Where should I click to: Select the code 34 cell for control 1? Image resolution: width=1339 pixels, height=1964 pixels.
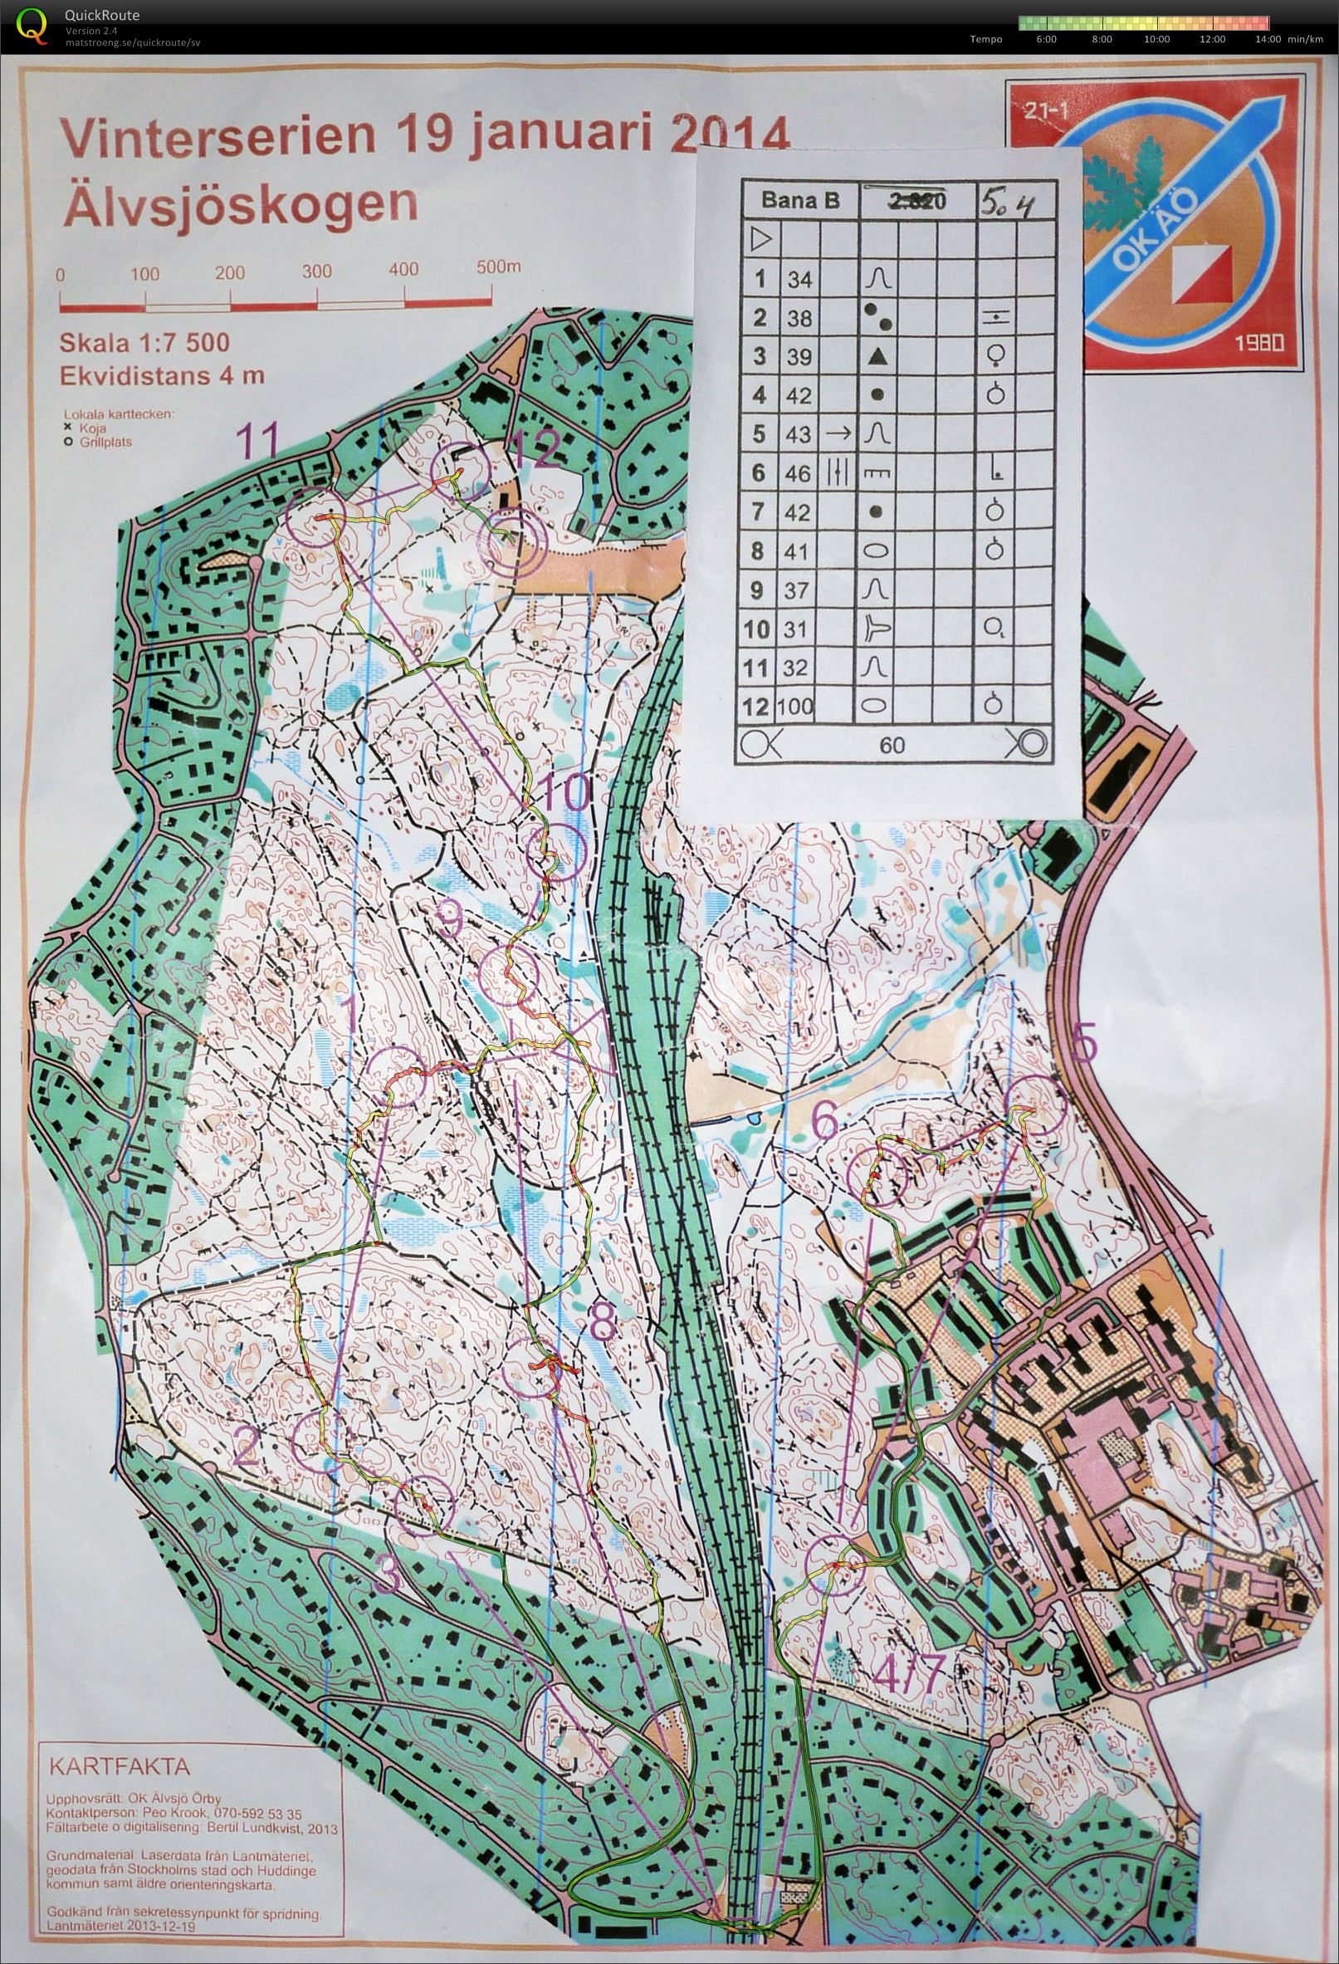pyautogui.click(x=799, y=279)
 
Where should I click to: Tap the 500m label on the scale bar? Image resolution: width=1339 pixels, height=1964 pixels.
pyautogui.click(x=498, y=268)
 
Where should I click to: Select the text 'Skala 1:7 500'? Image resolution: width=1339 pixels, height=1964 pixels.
pyautogui.click(x=144, y=343)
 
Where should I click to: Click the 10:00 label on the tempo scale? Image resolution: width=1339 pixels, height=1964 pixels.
pyautogui.click(x=1156, y=39)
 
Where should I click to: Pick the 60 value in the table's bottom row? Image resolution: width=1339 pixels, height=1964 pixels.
pyautogui.click(x=892, y=744)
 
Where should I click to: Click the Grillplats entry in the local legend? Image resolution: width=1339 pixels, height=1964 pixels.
pyautogui.click(x=106, y=441)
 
